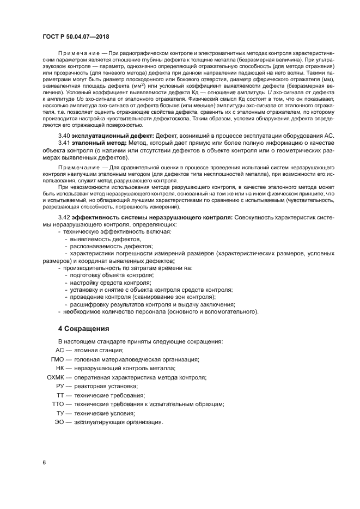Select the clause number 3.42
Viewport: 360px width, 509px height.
[64, 217]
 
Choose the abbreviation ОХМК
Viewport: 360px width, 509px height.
[56, 377]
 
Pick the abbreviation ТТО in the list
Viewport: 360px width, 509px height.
[58, 404]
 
